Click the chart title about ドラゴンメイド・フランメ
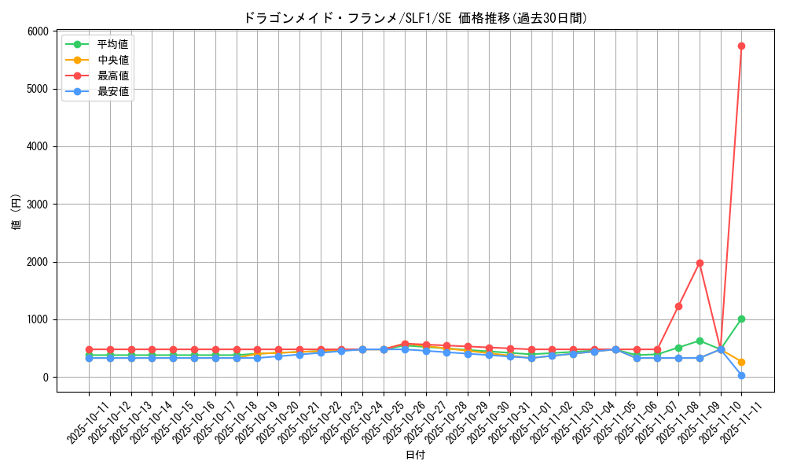tap(415, 18)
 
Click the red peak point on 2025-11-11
tap(741, 46)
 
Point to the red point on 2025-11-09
tap(700, 263)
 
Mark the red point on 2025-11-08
tap(678, 306)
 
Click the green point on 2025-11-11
tap(741, 319)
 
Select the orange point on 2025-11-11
tap(741, 362)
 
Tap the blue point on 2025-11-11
tap(741, 375)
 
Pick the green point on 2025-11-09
tap(700, 341)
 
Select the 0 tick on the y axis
tap(45, 378)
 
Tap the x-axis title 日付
tap(415, 455)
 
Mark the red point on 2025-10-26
tap(405, 344)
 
